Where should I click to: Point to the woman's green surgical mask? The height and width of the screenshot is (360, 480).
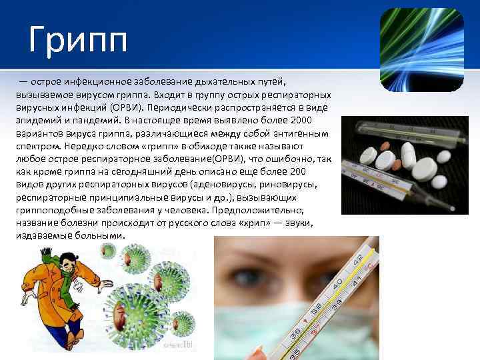click(267, 333)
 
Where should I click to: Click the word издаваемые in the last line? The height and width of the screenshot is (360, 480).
click(41, 235)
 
